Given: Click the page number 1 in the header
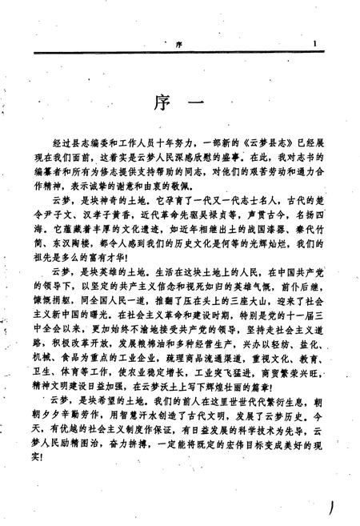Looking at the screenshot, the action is click(318, 46).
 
